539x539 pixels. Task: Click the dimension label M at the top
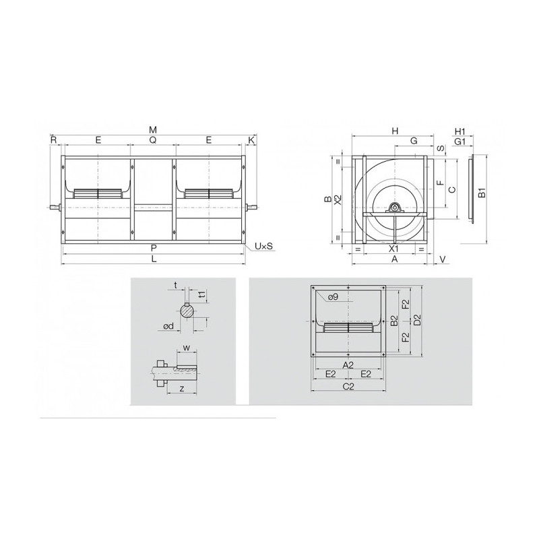(153, 129)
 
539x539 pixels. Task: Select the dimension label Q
(153, 140)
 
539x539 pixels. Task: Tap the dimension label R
(53, 140)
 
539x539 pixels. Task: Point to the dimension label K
(251, 140)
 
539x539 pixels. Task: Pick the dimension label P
(153, 249)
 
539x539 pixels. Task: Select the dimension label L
(153, 259)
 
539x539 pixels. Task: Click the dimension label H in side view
(395, 131)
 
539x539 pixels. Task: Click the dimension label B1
(482, 195)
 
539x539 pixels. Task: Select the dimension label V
(443, 259)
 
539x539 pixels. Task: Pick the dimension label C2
(348, 386)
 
